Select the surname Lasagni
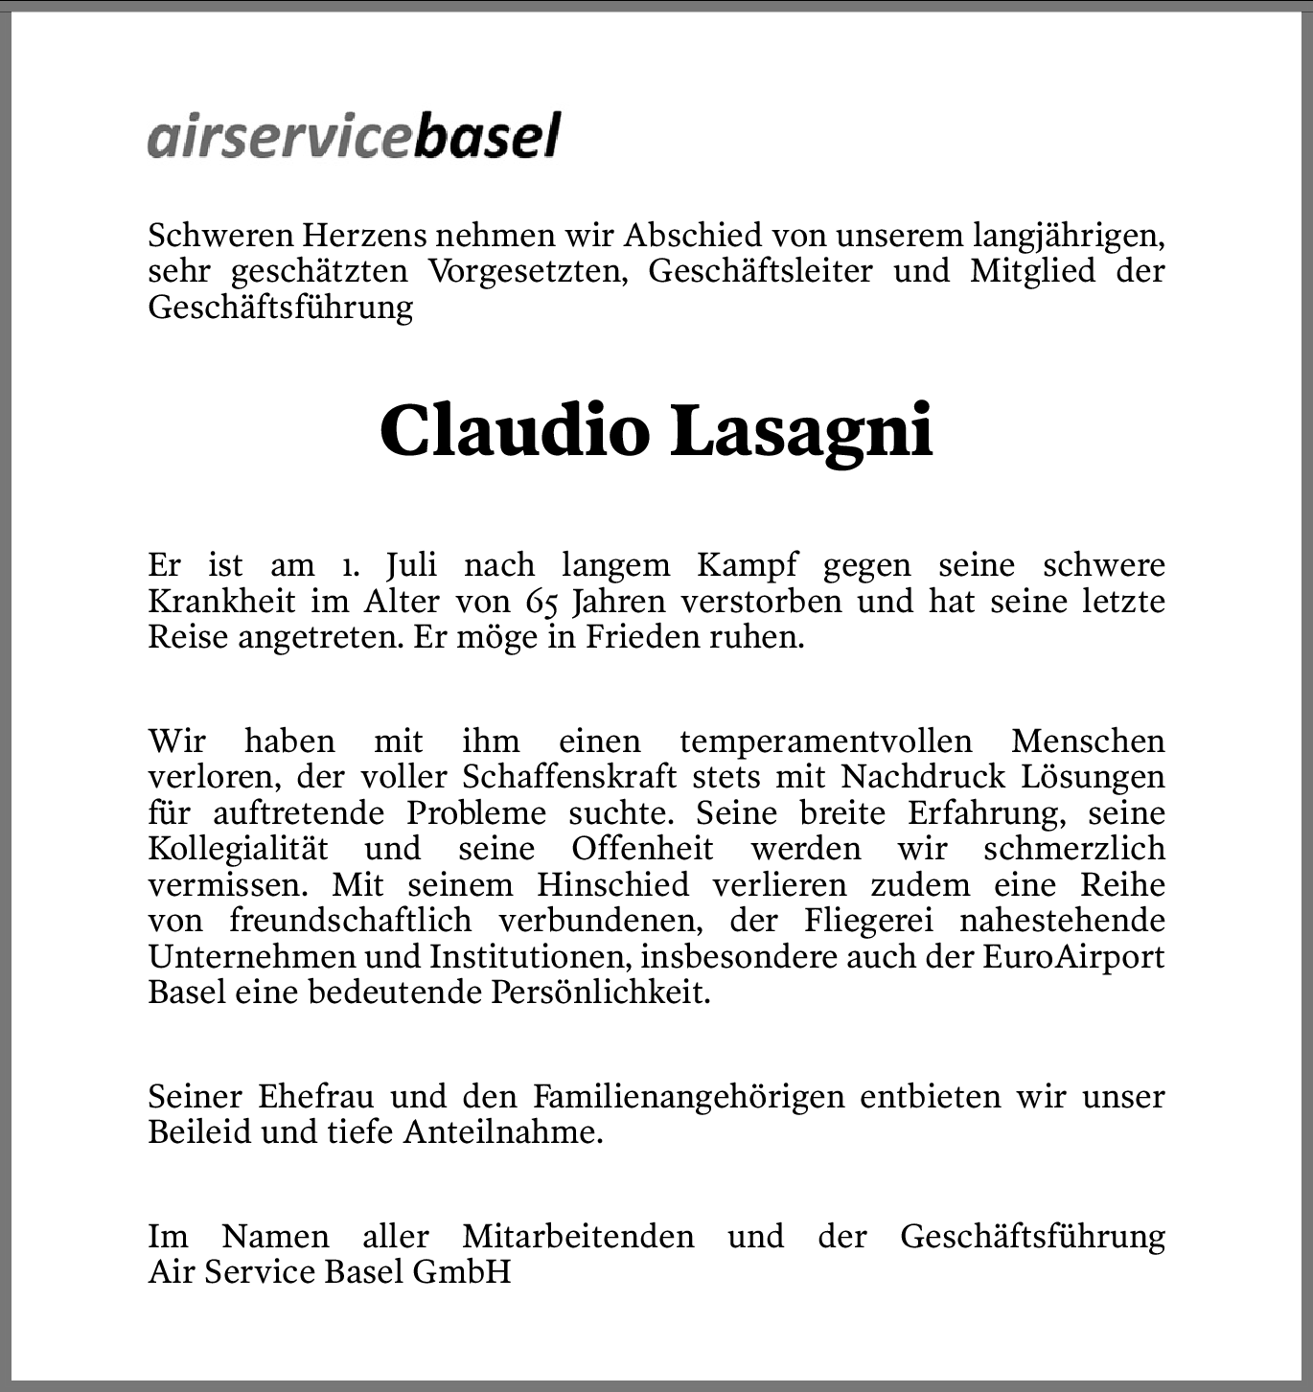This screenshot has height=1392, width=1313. point(801,430)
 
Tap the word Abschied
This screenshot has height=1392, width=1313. point(693,235)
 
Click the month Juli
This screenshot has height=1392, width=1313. point(412,565)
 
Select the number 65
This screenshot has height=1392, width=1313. point(543,602)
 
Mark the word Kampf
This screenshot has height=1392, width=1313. point(747,565)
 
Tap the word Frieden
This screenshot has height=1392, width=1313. point(642,638)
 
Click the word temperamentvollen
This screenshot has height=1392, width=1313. point(825,742)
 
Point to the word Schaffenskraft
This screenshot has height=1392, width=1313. point(569,777)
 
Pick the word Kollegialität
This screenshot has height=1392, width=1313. point(238,849)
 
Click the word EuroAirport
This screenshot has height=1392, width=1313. point(1073,957)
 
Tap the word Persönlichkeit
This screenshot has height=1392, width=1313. point(601,993)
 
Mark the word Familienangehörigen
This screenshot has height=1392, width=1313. point(688,1097)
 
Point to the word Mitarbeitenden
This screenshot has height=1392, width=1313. point(578,1236)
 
